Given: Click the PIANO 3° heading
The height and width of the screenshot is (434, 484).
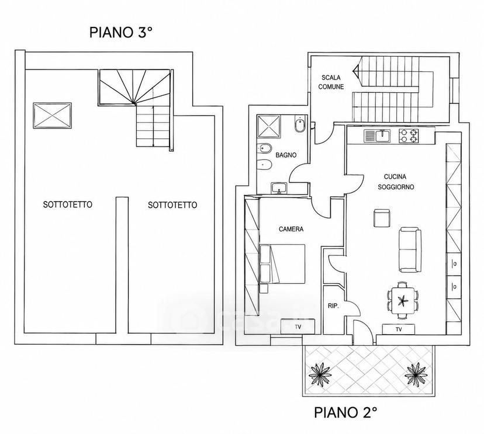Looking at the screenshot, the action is (122, 32).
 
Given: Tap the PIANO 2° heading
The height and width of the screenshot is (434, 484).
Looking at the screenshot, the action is (345, 412).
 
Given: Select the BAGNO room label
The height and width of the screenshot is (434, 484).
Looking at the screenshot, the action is (286, 155).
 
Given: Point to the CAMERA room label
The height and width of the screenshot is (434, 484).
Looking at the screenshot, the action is (291, 229).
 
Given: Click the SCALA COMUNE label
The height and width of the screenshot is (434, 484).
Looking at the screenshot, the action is (331, 82).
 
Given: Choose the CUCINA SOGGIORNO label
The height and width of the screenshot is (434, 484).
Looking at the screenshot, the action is (396, 182).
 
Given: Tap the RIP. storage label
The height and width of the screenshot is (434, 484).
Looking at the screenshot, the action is (333, 306).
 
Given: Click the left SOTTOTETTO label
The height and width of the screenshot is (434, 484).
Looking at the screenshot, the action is (68, 204).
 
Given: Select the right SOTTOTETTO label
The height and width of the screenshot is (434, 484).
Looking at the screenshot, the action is (172, 205).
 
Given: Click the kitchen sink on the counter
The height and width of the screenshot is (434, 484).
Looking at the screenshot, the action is (377, 136).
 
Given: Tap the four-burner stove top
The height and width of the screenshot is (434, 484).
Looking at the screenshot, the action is (409, 136).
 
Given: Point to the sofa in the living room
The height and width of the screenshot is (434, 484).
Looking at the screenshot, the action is (410, 250).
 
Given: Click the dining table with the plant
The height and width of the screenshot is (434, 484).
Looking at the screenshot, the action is (403, 300).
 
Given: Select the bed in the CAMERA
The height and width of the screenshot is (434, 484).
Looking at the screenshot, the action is (282, 264).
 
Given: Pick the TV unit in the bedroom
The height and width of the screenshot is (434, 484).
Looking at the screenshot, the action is (298, 327).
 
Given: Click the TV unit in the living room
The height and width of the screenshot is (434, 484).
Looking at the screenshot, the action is (399, 329).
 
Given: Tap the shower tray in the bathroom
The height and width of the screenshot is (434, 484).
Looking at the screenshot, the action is (269, 126).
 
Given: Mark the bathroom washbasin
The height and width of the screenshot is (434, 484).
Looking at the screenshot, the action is (279, 188).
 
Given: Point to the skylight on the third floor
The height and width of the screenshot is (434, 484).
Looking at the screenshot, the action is (53, 115).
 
